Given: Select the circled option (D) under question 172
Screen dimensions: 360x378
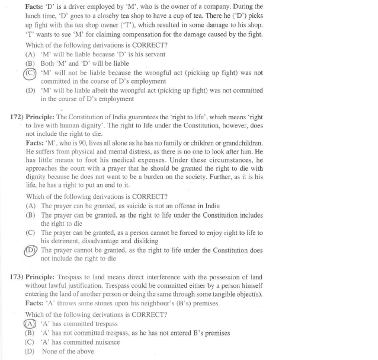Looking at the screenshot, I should (31, 251).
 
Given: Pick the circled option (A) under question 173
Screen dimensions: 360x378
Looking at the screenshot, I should (30, 323).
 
